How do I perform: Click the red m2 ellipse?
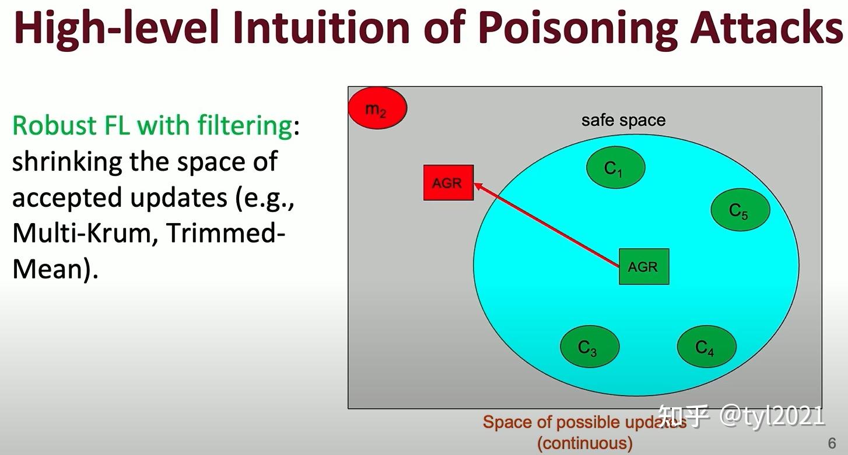pos(377,108)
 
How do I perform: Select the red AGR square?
pos(448,183)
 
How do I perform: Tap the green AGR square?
pos(643,267)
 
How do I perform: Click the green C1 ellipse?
pos(615,168)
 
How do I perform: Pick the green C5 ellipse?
pos(740,210)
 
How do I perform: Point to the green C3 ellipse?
pos(589,347)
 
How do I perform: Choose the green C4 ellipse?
pos(706,347)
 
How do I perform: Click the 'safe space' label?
pos(623,121)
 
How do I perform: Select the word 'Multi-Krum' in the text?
pos(83,234)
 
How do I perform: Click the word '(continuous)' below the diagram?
pos(584,443)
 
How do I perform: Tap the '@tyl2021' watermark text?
pos(772,415)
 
